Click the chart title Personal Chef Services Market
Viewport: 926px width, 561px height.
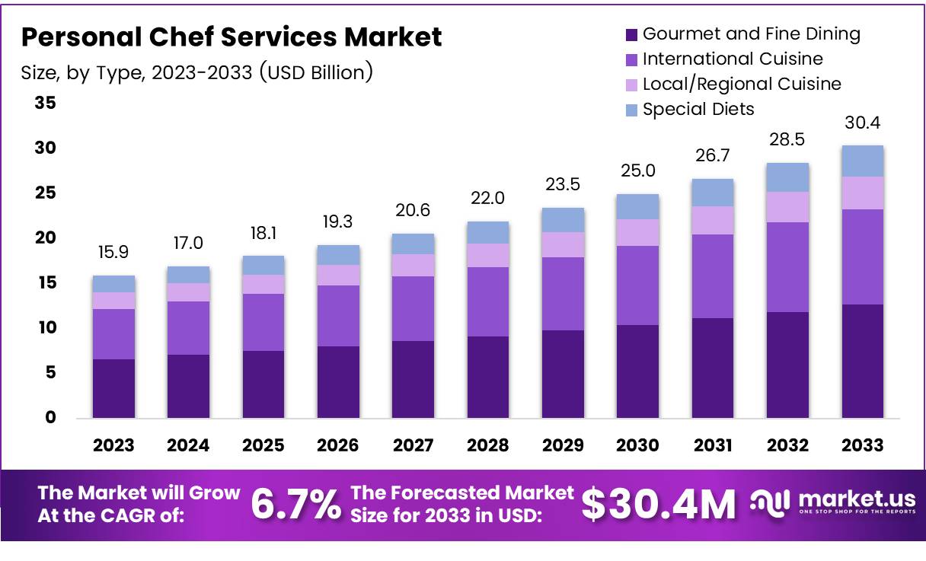pos(231,37)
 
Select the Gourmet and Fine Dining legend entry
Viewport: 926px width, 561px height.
pos(742,34)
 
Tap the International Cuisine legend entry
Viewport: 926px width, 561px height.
pos(723,59)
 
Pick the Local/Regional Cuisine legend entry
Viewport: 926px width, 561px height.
pos(733,84)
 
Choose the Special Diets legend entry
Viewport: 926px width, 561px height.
pos(689,110)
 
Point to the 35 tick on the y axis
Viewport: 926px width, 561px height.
pos(45,103)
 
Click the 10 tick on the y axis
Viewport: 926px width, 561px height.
pos(45,328)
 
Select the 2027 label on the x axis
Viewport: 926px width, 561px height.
pos(413,445)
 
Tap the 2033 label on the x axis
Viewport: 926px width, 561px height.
pos(863,445)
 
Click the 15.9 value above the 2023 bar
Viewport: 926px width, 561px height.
pos(113,251)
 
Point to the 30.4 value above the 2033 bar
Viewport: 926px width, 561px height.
pos(863,123)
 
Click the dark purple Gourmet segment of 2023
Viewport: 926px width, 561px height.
pos(113,388)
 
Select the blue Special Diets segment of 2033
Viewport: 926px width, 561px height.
pos(863,161)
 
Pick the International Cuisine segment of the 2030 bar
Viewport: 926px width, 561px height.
pos(638,285)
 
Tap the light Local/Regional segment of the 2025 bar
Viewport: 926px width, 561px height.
pos(263,284)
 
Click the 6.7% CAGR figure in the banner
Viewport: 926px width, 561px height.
pos(295,504)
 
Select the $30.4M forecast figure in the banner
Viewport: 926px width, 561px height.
pos(659,504)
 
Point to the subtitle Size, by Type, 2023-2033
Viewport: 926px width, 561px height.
pos(196,73)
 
